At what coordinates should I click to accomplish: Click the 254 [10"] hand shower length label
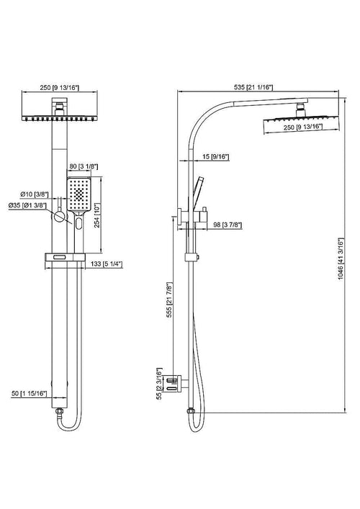[x=107, y=212]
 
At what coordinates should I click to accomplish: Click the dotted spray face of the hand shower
[x=78, y=192]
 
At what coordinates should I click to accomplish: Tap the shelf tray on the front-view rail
[x=64, y=255]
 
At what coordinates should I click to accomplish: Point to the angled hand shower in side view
[x=195, y=192]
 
